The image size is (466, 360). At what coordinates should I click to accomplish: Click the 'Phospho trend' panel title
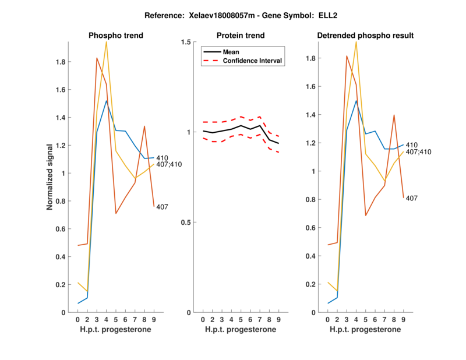[x=116, y=36]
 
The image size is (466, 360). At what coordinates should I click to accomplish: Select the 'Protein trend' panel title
[x=241, y=36]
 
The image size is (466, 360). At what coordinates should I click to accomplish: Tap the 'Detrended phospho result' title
[x=365, y=36]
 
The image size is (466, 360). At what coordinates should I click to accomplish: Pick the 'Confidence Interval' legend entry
[x=253, y=61]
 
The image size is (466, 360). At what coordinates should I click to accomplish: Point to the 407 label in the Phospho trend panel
[x=162, y=207]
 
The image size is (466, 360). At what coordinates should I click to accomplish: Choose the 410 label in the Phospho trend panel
[x=162, y=157]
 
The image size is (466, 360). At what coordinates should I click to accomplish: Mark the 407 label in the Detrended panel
[x=411, y=199]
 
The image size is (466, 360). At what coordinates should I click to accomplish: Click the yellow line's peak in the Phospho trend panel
[x=106, y=42]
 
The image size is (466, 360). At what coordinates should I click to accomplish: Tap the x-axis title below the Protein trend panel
[x=241, y=330]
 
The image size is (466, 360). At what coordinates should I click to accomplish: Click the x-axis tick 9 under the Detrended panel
[x=403, y=320]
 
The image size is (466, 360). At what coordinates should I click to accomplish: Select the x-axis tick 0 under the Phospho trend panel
[x=78, y=320]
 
